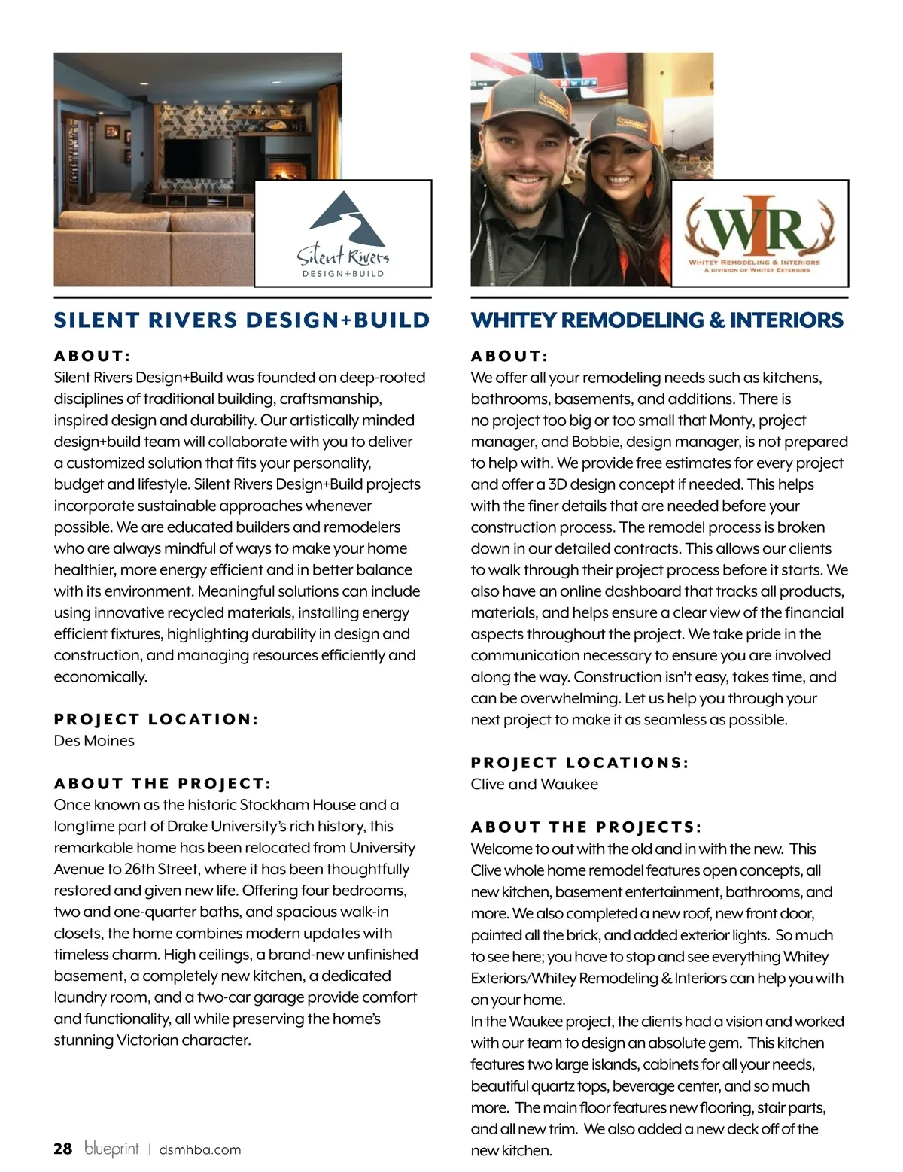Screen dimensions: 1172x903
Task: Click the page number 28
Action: [x=63, y=1149]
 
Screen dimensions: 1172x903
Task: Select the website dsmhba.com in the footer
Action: [x=200, y=1149]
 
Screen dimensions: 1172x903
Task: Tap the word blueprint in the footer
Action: [x=111, y=1148]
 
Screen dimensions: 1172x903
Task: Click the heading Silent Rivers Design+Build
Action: [x=242, y=320]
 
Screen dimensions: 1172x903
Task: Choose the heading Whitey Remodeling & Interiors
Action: [x=657, y=320]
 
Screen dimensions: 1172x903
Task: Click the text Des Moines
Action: [x=94, y=741]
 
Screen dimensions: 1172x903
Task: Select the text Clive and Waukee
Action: [x=534, y=784]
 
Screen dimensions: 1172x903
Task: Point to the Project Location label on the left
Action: [x=156, y=719]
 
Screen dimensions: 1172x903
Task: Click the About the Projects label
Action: [x=586, y=827]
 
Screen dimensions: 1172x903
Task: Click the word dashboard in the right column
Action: [x=632, y=591]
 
